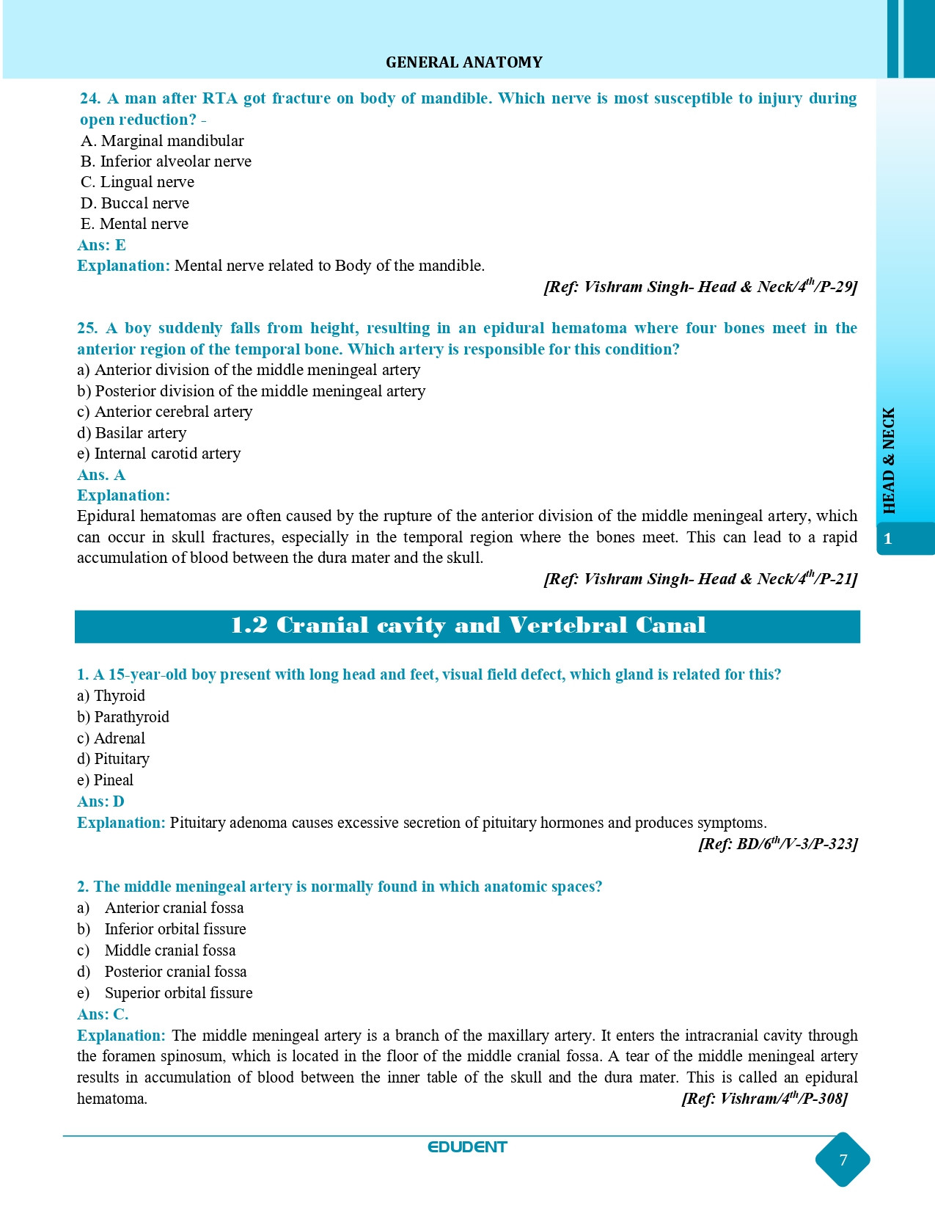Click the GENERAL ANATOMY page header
[x=463, y=62]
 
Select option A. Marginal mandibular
[x=162, y=141]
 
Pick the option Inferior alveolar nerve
[x=166, y=161]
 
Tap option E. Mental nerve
[x=134, y=224]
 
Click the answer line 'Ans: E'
[x=102, y=245]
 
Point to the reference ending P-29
[x=700, y=287]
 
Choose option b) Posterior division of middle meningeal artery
[x=251, y=391]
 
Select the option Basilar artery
[x=132, y=433]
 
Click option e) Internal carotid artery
[x=158, y=454]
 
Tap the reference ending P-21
[x=700, y=579]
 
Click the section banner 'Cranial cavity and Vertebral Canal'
[x=467, y=626]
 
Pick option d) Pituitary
[x=113, y=759]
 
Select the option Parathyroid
[x=123, y=717]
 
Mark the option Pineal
[x=106, y=780]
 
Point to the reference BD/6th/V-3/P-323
[x=777, y=844]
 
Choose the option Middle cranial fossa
[x=169, y=950]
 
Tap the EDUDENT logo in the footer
[x=467, y=1147]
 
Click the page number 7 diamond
[x=843, y=1160]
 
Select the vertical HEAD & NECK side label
[x=889, y=461]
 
